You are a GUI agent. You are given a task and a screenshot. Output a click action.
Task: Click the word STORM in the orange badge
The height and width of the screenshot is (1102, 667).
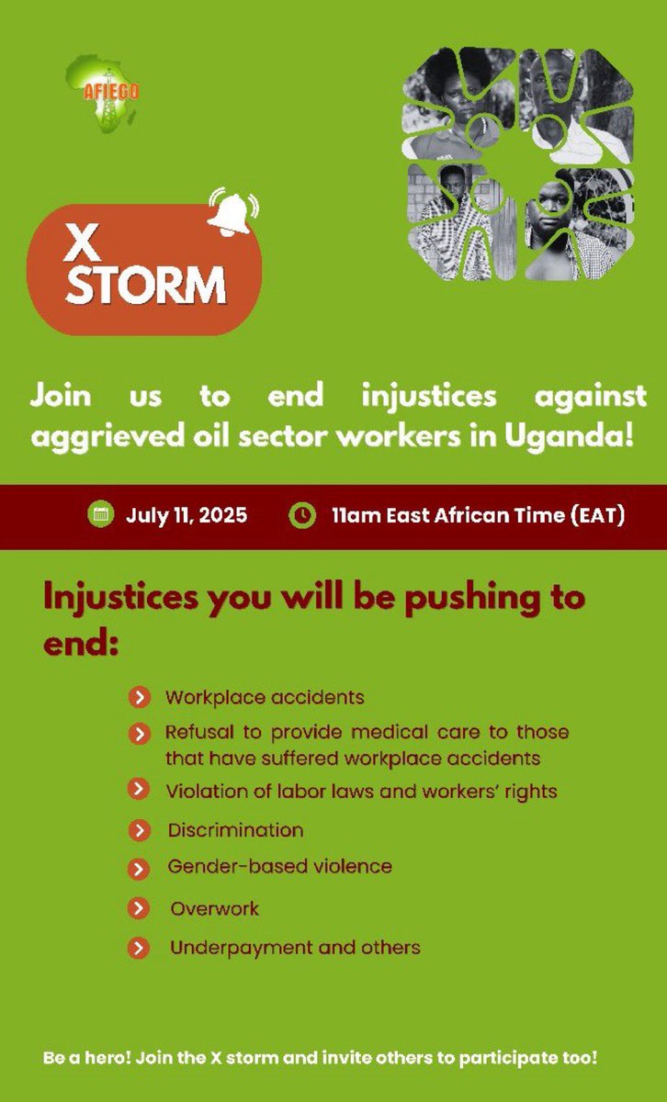click(x=147, y=286)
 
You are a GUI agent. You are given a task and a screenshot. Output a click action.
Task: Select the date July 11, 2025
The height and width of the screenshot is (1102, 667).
click(x=187, y=515)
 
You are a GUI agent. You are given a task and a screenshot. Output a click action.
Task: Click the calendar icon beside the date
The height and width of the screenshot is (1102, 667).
click(x=99, y=514)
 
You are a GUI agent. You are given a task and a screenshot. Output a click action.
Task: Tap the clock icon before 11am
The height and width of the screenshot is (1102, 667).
click(x=300, y=514)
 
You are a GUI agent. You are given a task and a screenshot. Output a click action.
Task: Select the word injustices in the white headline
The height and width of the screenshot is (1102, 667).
click(x=429, y=398)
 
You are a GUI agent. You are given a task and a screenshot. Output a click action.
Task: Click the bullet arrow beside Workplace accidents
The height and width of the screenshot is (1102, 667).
click(x=138, y=698)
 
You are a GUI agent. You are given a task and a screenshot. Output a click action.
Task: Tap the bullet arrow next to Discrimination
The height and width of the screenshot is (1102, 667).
click(x=138, y=830)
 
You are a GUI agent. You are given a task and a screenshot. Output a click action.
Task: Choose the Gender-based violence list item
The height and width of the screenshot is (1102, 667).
click(x=279, y=866)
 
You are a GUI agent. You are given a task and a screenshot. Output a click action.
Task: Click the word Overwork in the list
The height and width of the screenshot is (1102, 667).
click(x=214, y=909)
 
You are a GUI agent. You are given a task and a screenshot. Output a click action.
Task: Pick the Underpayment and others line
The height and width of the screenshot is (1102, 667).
click(x=295, y=947)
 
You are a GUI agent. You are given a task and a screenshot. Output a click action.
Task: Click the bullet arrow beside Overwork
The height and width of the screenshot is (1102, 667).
click(x=138, y=909)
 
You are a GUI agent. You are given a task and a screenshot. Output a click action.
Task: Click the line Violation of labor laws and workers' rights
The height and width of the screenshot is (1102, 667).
click(x=361, y=791)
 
